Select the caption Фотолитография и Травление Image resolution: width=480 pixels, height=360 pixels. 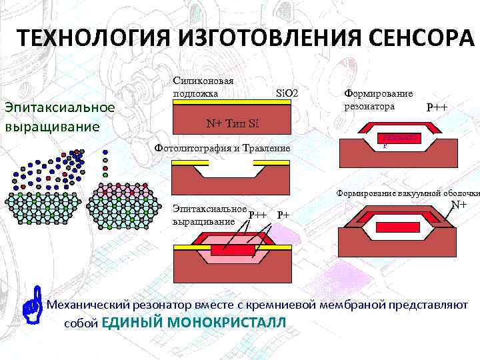tap(222, 147)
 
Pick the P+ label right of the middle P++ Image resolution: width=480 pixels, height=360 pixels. tap(283, 215)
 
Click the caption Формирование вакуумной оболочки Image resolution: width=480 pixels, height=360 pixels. tap(407, 193)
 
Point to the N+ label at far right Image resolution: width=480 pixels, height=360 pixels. tap(459, 205)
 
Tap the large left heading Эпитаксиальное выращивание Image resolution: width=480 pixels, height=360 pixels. tap(60, 116)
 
